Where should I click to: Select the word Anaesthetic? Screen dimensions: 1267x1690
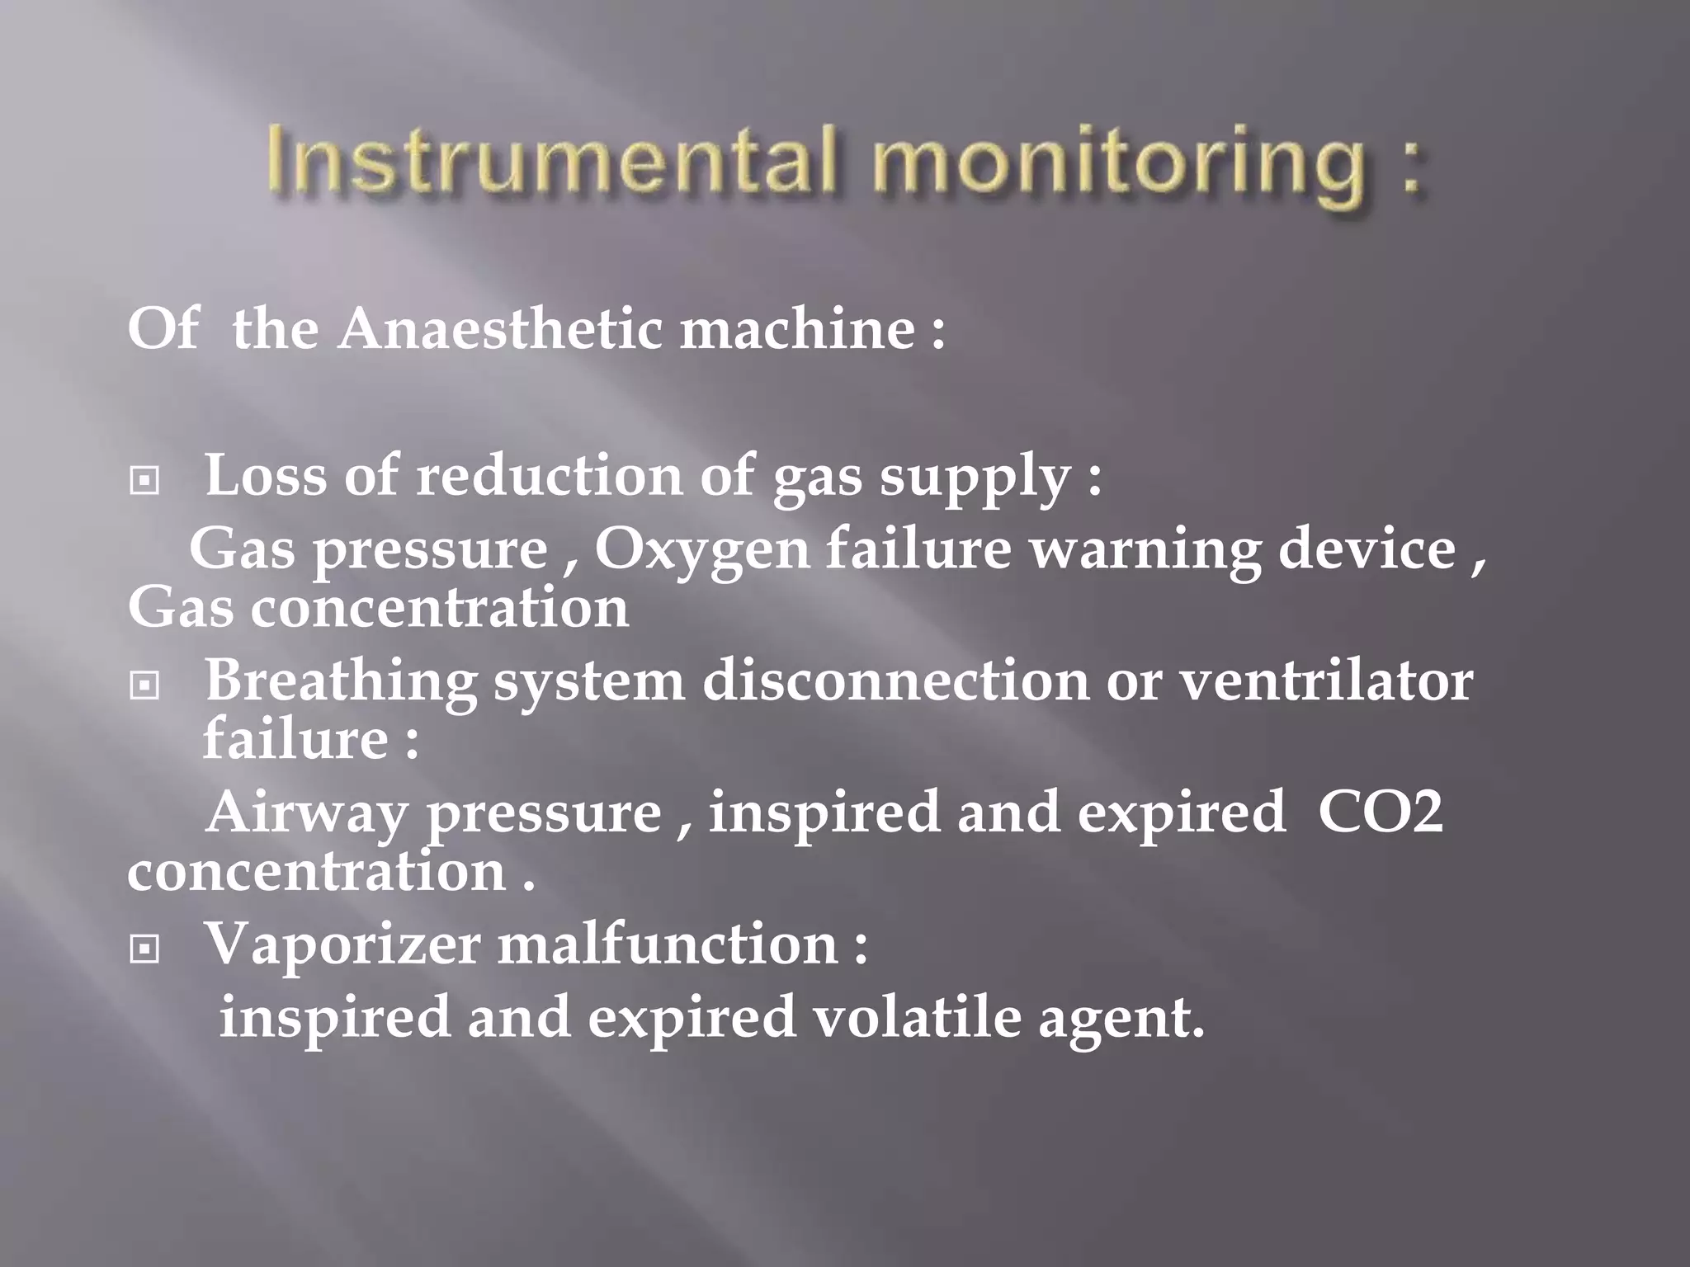pos(500,329)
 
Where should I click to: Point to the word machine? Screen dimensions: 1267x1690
pos(796,329)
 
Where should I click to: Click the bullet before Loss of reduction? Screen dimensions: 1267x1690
pos(145,480)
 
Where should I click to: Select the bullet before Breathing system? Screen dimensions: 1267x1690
pos(145,685)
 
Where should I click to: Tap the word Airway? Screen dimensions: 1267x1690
pos(306,813)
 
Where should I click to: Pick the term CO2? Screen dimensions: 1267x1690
pos(1381,812)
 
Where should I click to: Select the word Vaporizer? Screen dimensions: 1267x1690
pos(342,944)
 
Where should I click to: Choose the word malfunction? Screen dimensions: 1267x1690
pos(668,944)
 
